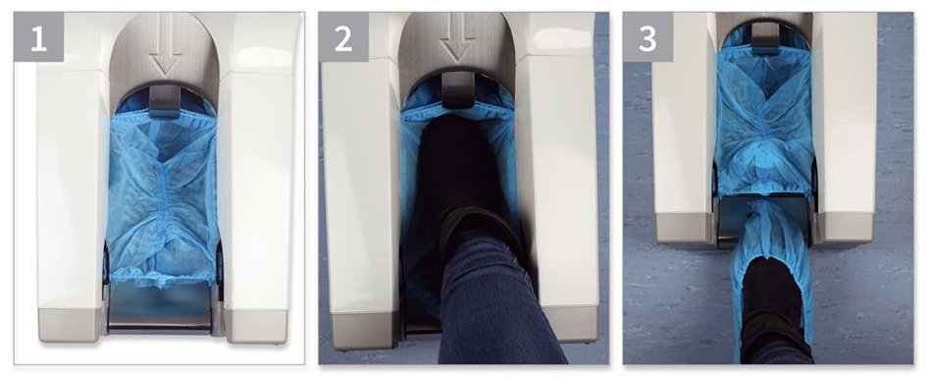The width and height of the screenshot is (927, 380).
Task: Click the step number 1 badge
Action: pyautogui.click(x=38, y=36)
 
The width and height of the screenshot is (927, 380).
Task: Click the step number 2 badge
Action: pyautogui.click(x=343, y=36)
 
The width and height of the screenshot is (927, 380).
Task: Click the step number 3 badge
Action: pyautogui.click(x=648, y=36)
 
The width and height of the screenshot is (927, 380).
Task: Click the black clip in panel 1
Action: pyautogui.click(x=164, y=99)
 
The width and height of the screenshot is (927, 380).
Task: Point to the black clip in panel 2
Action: pyautogui.click(x=457, y=87)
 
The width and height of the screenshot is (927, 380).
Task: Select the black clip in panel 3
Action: pyautogui.click(x=764, y=38)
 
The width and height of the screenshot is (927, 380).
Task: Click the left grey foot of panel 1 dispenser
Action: pyautogui.click(x=71, y=324)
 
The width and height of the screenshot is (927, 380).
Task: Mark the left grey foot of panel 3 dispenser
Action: pyautogui.click(x=686, y=227)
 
